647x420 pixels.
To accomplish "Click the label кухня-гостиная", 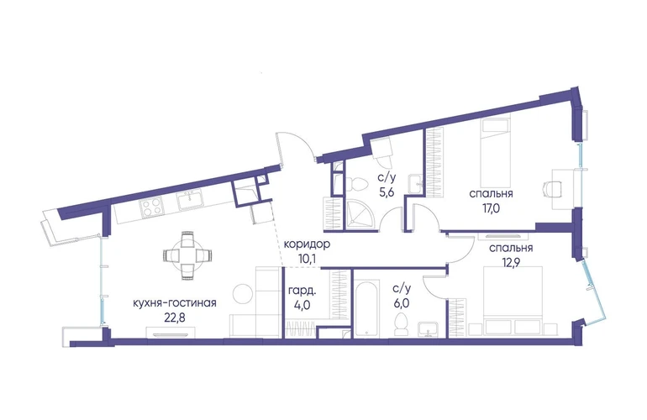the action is coord(175,303).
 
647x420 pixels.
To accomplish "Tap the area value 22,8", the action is coord(175,318).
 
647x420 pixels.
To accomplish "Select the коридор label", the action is coord(307,244).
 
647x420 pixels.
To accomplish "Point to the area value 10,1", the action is coord(307,259).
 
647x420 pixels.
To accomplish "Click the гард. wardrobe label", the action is coord(302,291).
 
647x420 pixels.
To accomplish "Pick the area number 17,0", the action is coord(491,208).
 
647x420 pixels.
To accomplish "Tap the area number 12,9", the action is coord(511,263).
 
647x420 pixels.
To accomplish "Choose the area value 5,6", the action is coord(387,192).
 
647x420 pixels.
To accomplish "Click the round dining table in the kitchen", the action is coord(187,256).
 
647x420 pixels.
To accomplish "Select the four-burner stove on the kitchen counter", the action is coord(151,207).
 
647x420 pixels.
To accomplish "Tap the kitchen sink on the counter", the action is coord(189,201).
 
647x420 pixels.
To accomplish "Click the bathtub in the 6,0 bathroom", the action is coord(366,308).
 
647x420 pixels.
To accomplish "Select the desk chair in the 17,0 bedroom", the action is coord(553,190).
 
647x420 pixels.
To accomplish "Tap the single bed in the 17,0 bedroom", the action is coord(497,157).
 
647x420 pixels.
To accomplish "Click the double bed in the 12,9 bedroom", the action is coord(513,300).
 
